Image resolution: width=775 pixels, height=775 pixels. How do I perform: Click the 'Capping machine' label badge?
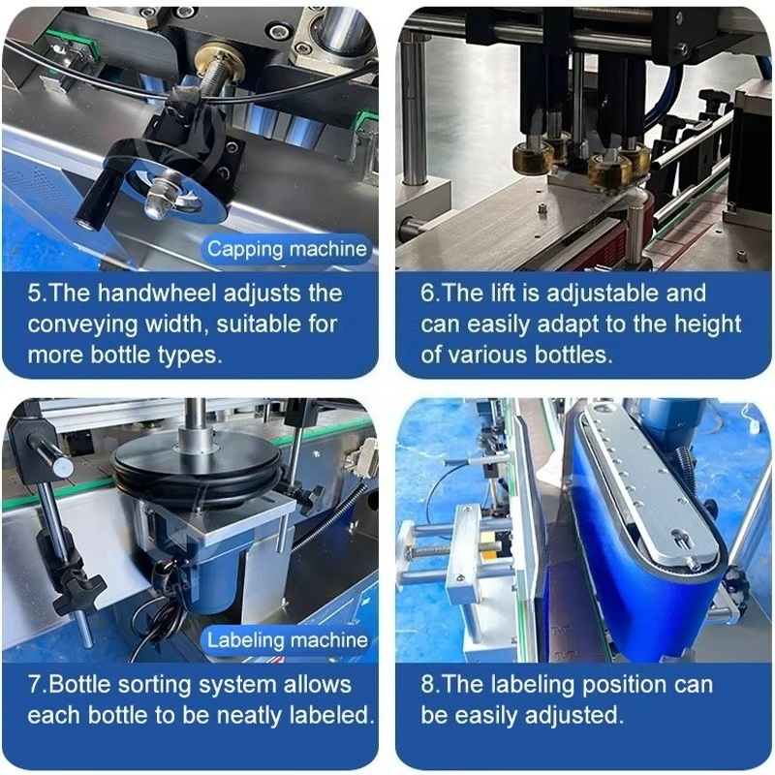tap(287, 249)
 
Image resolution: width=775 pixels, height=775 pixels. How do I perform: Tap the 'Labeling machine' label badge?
tap(287, 640)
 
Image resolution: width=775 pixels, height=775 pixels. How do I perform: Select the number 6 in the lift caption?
tap(428, 294)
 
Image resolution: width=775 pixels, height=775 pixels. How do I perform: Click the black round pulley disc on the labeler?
tap(196, 470)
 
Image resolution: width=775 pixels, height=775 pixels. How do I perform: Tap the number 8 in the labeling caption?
tap(427, 685)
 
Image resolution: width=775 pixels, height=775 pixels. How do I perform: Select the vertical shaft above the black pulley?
tap(196, 420)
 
